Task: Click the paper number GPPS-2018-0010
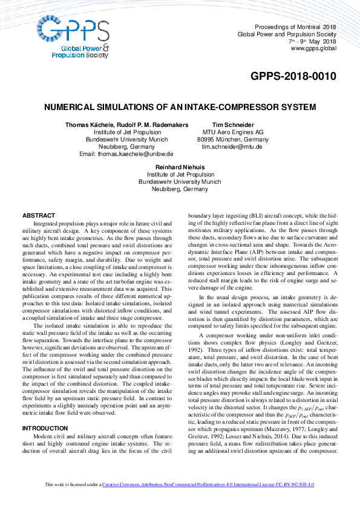[293, 77]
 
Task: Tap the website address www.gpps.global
[313, 48]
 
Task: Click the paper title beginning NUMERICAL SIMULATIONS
[180, 107]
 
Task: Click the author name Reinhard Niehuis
[180, 167]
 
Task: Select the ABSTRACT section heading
[39, 216]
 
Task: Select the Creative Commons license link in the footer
[208, 502]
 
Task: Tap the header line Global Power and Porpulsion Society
[287, 34]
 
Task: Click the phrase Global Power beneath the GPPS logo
[77, 48]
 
